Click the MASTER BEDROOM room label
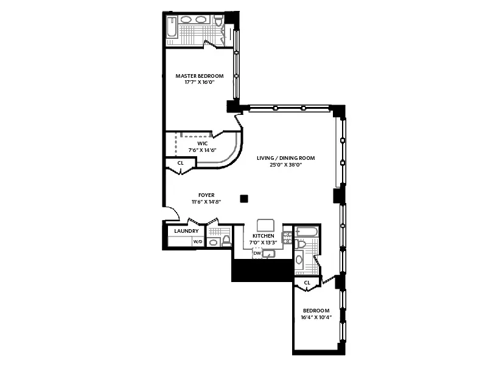pyautogui.click(x=199, y=76)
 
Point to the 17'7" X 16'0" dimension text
pyautogui.click(x=199, y=83)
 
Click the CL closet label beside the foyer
pyautogui.click(x=180, y=163)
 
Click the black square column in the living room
pyautogui.click(x=244, y=198)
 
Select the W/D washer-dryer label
pyautogui.click(x=197, y=242)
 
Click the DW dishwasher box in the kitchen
pyautogui.click(x=256, y=253)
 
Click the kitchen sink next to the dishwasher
pyautogui.click(x=270, y=254)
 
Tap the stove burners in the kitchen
pyautogui.click(x=288, y=238)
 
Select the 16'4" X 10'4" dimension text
pyautogui.click(x=316, y=317)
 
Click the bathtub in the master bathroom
pyautogui.click(x=172, y=28)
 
